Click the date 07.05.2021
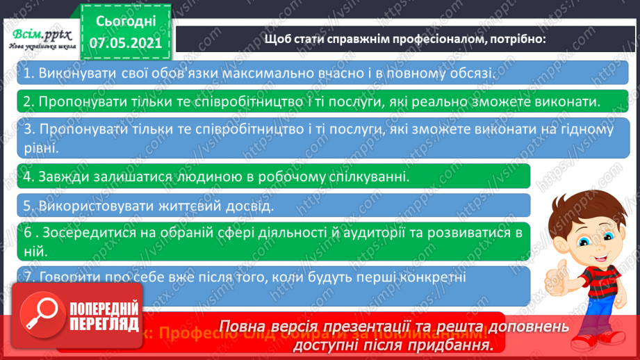click(125, 42)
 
